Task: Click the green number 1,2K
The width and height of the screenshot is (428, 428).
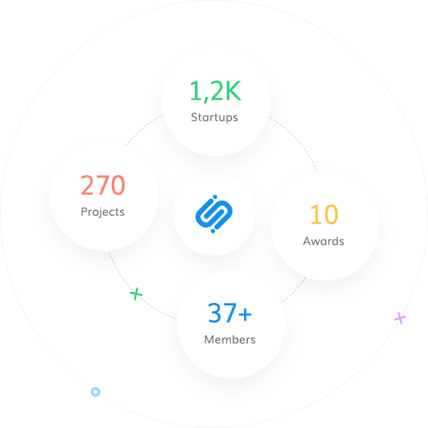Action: (215, 91)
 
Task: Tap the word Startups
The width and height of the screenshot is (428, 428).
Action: (215, 117)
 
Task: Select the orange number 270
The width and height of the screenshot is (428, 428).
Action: (103, 186)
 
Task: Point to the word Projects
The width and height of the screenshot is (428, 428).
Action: (103, 211)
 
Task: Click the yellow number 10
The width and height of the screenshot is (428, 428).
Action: (324, 215)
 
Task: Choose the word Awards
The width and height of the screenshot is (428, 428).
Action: (324, 241)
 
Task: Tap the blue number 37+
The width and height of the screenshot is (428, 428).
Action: (229, 314)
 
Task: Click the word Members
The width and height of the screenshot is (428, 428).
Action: (230, 339)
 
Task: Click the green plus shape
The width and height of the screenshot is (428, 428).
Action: (136, 294)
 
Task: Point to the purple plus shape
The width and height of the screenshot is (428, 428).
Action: (400, 318)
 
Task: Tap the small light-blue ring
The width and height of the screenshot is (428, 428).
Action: (95, 392)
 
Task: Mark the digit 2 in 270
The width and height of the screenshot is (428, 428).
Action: (88, 186)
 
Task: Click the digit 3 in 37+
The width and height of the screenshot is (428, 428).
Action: (215, 314)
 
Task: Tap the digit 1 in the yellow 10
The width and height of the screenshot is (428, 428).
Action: (314, 215)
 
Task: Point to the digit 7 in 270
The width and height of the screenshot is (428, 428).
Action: (103, 186)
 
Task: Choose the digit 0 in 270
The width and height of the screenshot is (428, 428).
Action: (118, 186)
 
